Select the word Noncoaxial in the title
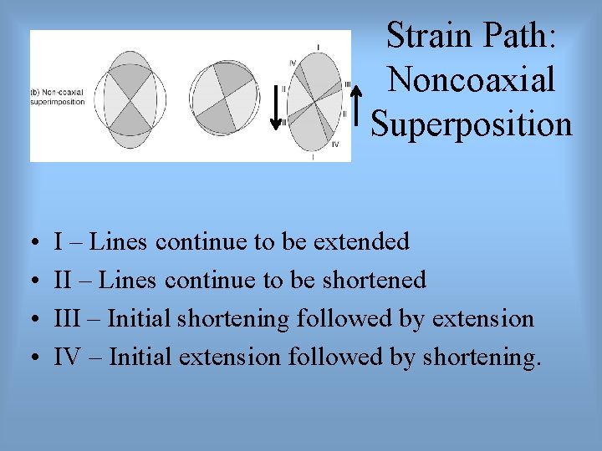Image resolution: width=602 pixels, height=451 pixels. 472,80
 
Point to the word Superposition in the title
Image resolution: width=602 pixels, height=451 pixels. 472,124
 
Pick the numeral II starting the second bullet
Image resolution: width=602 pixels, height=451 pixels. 63,281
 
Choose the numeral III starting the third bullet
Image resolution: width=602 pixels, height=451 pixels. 68,319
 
